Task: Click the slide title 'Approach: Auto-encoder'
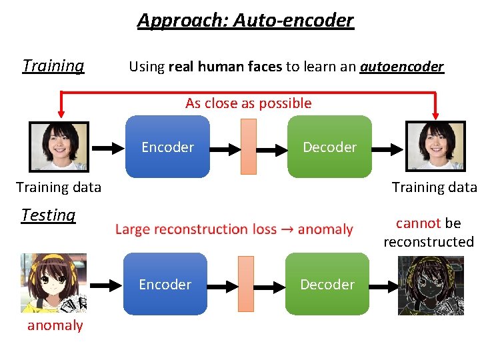(245, 20)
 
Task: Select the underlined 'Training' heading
(53, 65)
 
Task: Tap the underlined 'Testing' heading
(49, 215)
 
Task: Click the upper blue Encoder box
(167, 147)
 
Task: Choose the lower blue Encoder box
(165, 284)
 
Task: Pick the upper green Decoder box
(329, 147)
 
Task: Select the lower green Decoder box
(327, 284)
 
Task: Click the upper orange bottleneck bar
(248, 146)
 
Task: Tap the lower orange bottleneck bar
(246, 283)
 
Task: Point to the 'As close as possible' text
(248, 103)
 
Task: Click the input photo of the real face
(59, 146)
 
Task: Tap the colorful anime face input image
(53, 283)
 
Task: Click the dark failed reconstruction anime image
(431, 285)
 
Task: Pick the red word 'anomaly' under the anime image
(55, 325)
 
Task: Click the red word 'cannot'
(418, 223)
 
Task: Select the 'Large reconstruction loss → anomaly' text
(234, 229)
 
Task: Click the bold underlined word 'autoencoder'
(401, 67)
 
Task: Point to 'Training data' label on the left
(59, 187)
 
